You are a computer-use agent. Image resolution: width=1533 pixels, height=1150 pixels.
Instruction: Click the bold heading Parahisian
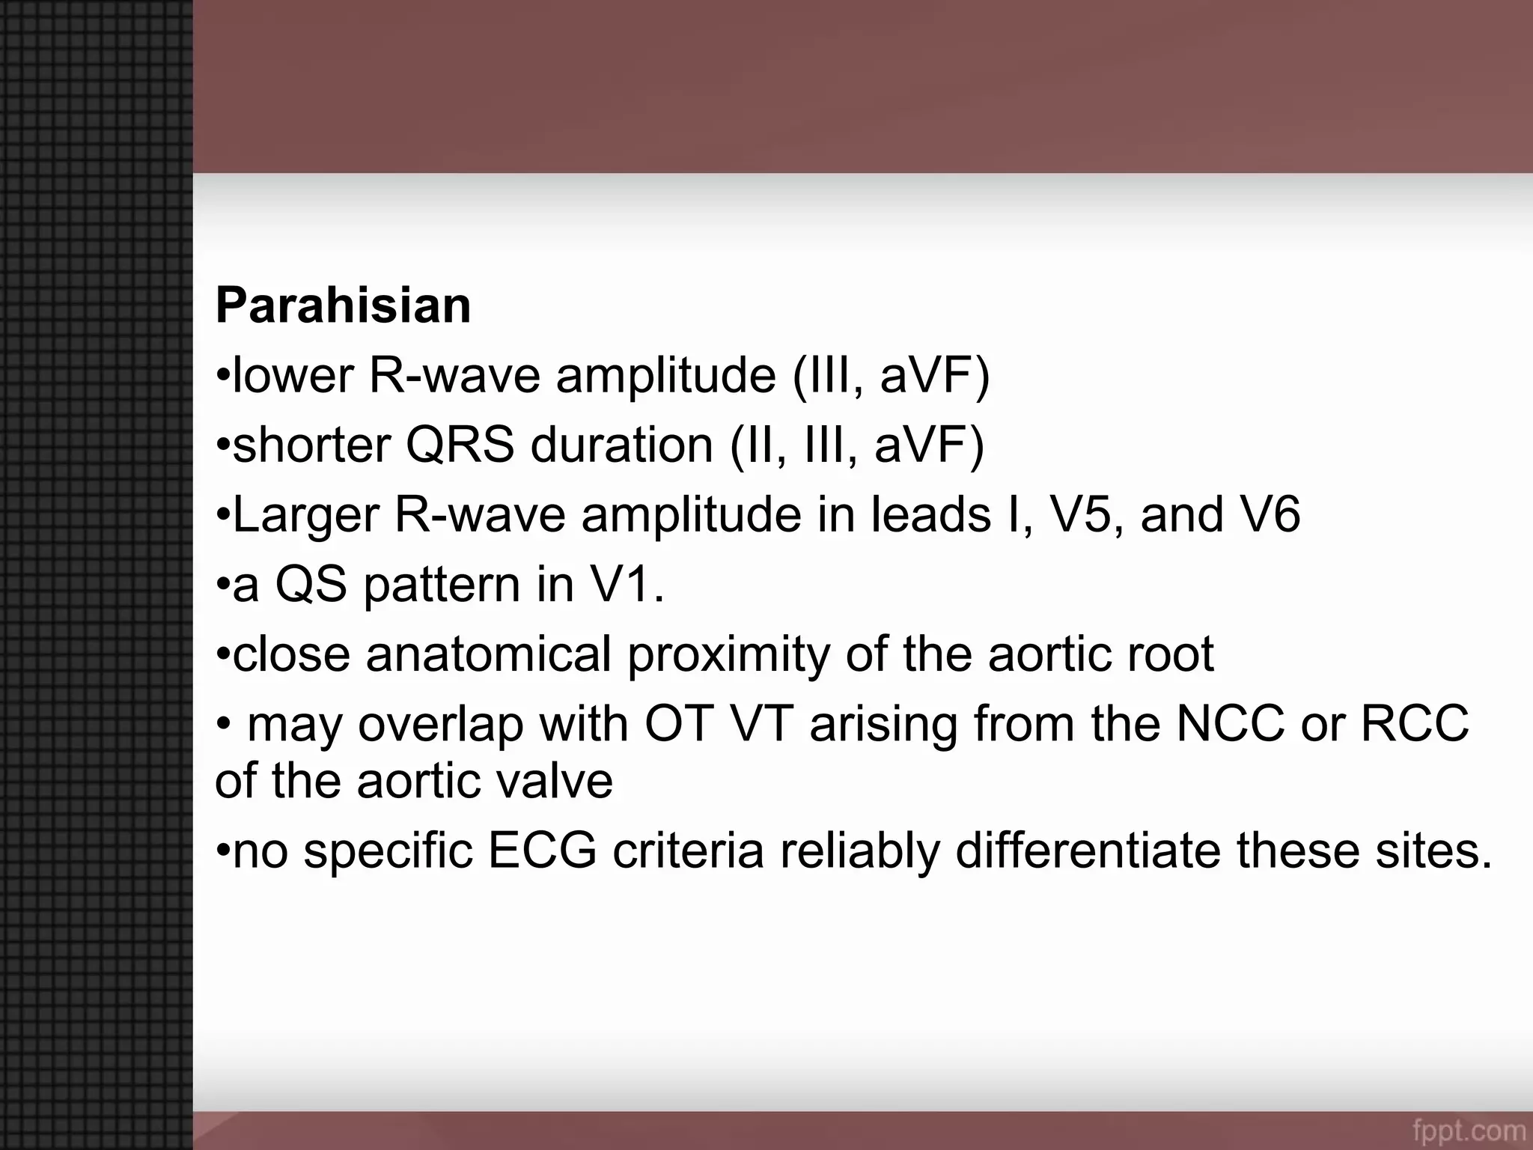coord(343,305)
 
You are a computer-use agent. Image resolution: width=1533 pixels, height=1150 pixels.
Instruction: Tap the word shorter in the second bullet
coord(311,445)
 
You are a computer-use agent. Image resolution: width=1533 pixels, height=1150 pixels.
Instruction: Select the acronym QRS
coord(460,445)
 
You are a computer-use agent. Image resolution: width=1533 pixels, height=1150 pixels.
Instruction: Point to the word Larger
coord(305,517)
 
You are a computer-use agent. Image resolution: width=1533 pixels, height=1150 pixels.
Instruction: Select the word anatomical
coord(488,654)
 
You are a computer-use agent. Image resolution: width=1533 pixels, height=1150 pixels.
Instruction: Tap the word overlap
coord(440,725)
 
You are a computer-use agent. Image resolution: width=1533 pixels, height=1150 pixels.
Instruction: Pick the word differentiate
coord(1088,851)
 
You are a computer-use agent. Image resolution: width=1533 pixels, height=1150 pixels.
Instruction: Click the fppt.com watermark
coord(1469,1130)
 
